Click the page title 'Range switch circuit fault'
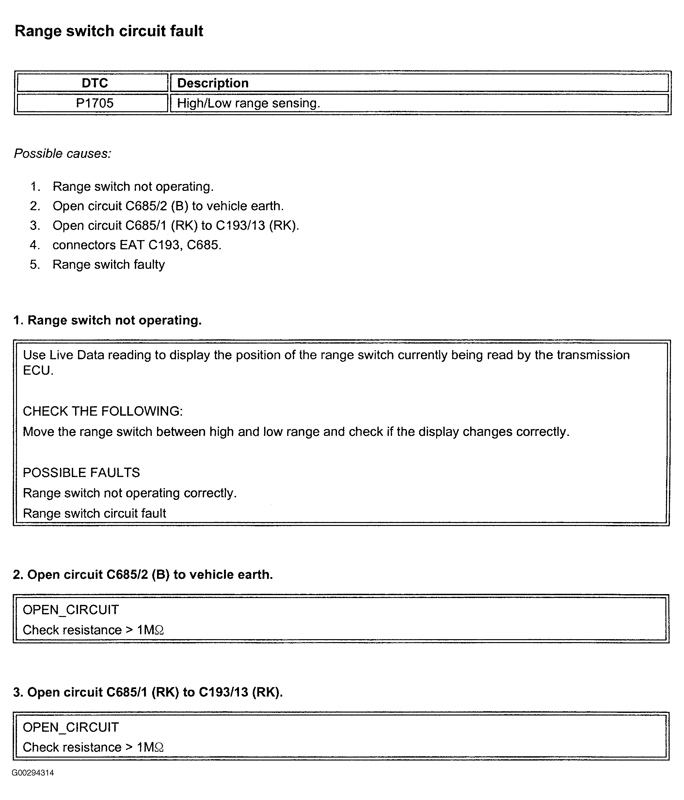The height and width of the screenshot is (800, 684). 109,31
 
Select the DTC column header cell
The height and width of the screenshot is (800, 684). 95,83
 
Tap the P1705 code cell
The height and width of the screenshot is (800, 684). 95,103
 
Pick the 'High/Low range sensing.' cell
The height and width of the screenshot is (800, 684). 248,103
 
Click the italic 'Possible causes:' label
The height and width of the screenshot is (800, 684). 63,154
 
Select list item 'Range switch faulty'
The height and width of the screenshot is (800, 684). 109,265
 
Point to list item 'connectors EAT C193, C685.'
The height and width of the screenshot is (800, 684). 137,245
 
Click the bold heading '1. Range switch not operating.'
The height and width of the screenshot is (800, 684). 107,320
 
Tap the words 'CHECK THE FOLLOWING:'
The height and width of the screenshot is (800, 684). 103,411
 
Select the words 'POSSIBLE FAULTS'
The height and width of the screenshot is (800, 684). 81,472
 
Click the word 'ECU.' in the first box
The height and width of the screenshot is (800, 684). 38,370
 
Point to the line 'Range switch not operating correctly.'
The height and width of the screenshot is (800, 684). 130,493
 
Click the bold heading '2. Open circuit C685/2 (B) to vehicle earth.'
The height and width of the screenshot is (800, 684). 143,575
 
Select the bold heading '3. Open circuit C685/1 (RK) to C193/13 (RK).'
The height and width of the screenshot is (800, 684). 148,692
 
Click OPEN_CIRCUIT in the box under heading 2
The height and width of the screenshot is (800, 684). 71,610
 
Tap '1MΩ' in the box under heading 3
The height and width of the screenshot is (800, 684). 150,747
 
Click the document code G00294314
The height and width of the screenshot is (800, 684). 33,773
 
